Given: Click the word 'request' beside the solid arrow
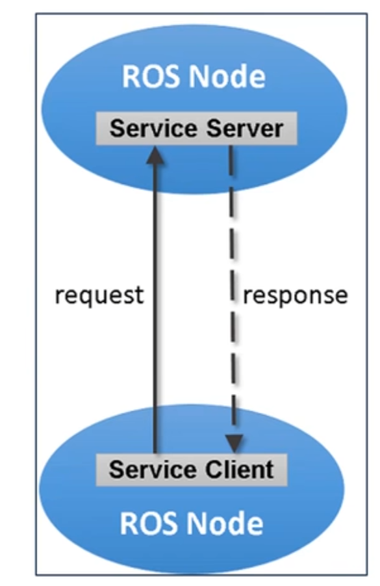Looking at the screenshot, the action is [x=99, y=296].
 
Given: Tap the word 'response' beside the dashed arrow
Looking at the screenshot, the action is [x=296, y=296].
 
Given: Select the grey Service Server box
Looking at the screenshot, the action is [x=197, y=128].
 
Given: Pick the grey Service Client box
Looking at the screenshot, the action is [x=192, y=470].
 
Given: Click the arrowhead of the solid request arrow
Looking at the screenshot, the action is [x=155, y=155].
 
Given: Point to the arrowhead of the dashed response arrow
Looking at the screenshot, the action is [x=234, y=444].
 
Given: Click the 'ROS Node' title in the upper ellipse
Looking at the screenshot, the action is [x=194, y=77].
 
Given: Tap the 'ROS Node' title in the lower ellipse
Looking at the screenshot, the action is [x=192, y=523].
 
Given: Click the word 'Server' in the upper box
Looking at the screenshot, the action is [x=245, y=129].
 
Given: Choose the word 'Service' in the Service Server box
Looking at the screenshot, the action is [x=153, y=129].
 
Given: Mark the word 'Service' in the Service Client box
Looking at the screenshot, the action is [x=153, y=470].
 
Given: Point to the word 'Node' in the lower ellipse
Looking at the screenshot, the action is [x=225, y=523].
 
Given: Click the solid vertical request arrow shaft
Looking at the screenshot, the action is [x=155, y=300].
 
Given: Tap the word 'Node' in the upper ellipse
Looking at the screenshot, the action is [x=227, y=77].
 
